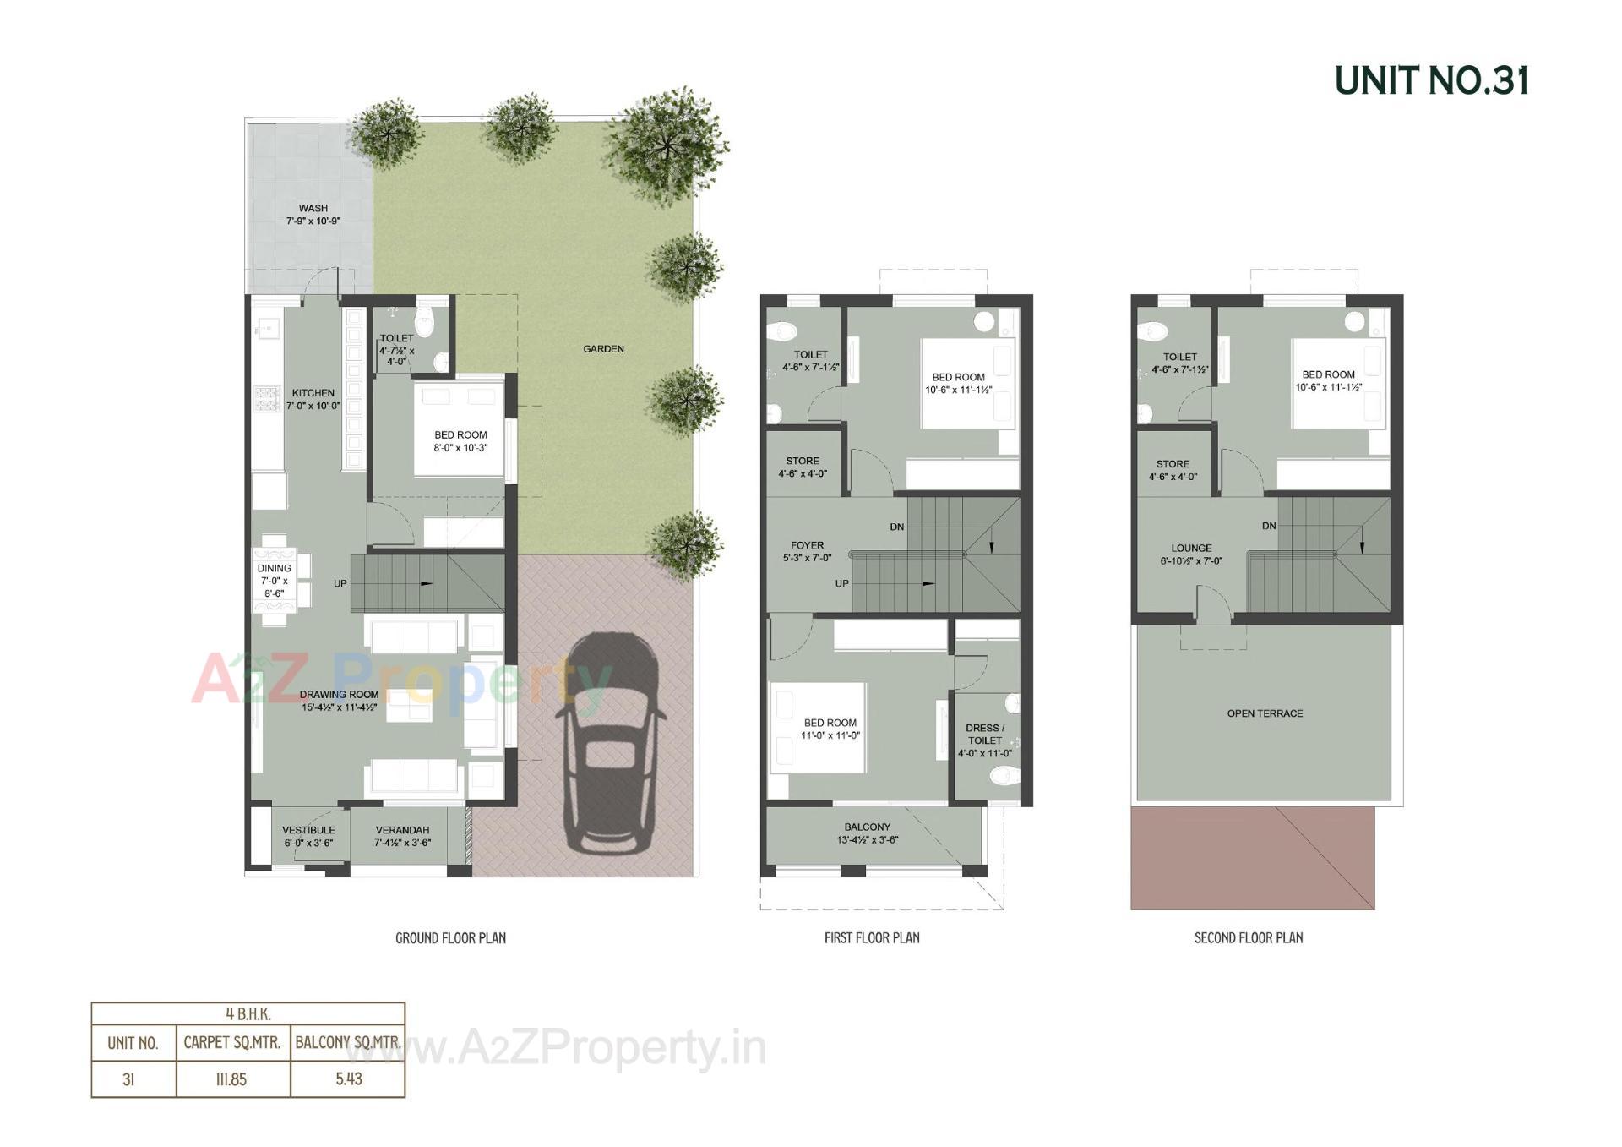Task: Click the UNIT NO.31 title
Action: tap(1431, 81)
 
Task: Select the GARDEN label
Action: tap(603, 348)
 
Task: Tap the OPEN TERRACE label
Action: tap(1265, 713)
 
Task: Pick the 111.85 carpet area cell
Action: tap(231, 1079)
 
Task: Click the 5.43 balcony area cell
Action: tap(348, 1079)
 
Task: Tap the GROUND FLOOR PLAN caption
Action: tap(450, 937)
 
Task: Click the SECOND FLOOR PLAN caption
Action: tap(1248, 937)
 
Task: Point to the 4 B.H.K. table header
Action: tap(248, 1013)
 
